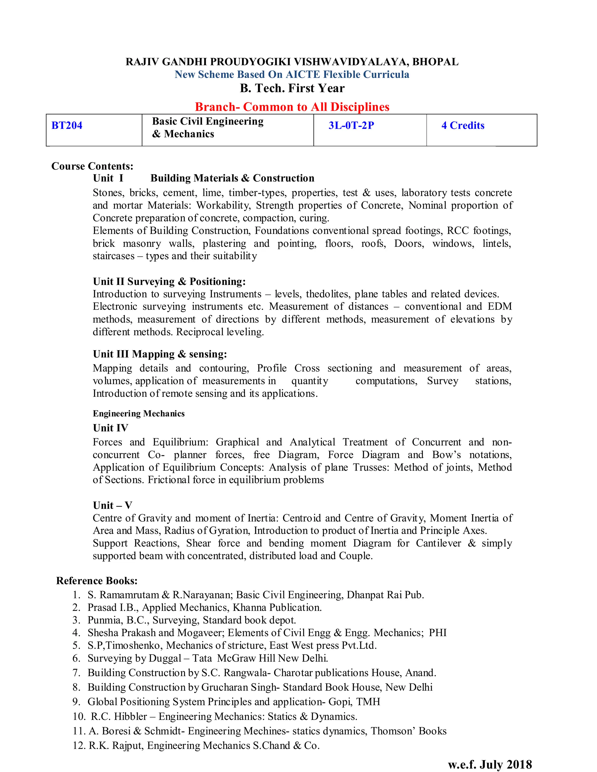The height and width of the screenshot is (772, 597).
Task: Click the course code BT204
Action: coord(67,126)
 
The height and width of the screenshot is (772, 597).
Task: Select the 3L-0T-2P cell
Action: coord(351,126)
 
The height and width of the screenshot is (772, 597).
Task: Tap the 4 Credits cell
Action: coord(463,126)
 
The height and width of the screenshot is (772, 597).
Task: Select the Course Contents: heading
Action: coord(92,166)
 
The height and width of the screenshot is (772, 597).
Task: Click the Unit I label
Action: coord(108,178)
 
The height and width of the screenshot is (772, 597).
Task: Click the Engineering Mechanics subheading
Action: coord(139,414)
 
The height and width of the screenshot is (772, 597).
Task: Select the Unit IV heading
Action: coord(110,428)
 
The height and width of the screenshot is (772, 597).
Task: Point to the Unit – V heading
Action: coord(113,505)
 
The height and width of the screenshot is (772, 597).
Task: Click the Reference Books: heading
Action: coord(96,581)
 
